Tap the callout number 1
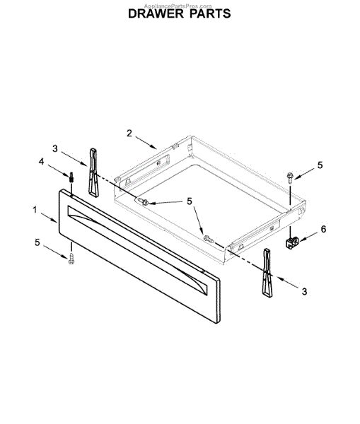pos(35,210)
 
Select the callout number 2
pos(129,133)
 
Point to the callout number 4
pos(41,162)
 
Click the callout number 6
pos(323,229)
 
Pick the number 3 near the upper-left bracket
pos(55,148)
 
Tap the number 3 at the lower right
pos(305,291)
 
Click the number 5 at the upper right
pos(320,165)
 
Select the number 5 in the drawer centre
pos(190,201)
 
